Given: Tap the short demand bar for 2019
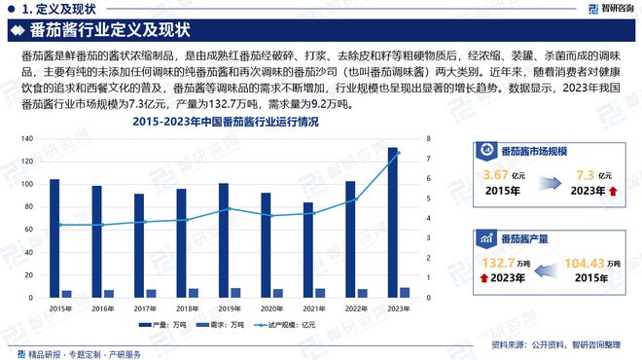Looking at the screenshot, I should pos(235,292).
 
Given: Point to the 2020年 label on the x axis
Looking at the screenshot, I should pos(272,307).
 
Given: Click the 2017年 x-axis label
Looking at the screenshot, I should pos(145,307).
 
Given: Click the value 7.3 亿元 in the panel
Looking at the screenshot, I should pos(587,174).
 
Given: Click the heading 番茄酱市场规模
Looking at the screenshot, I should pos(534,151).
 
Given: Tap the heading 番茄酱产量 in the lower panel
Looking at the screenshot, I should pos(526,236).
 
